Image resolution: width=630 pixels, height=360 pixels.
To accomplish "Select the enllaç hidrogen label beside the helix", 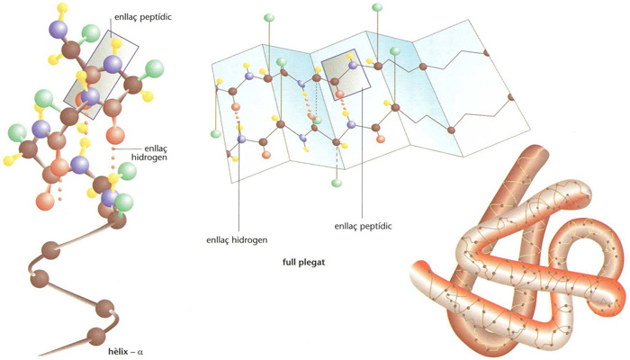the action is [x=149, y=153].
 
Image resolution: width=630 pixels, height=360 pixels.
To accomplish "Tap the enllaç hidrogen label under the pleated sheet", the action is [x=237, y=240].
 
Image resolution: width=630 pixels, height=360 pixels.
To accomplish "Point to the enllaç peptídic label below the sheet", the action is [x=363, y=226].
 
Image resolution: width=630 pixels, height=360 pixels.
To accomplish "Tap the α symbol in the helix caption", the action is [x=140, y=353].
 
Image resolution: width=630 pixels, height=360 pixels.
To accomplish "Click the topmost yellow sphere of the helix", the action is [x=62, y=7].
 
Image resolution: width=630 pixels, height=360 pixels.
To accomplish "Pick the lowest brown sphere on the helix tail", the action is [x=96, y=336].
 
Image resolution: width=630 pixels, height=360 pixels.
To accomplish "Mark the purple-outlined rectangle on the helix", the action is [x=101, y=74].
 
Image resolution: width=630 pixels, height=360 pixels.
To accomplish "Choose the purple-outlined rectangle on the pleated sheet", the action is [x=346, y=75].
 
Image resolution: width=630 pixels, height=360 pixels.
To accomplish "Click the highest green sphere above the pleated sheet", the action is [x=377, y=7].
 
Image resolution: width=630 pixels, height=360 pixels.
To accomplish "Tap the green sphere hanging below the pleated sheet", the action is [x=337, y=184].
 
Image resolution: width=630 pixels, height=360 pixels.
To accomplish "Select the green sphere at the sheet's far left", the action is [x=216, y=134].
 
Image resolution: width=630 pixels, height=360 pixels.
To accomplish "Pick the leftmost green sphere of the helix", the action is [x=17, y=132].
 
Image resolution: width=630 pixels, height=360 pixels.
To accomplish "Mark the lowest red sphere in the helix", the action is [x=45, y=201].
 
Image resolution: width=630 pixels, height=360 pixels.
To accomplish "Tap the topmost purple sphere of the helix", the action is [x=58, y=29].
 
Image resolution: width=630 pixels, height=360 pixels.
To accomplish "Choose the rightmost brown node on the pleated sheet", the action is [x=511, y=97].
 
